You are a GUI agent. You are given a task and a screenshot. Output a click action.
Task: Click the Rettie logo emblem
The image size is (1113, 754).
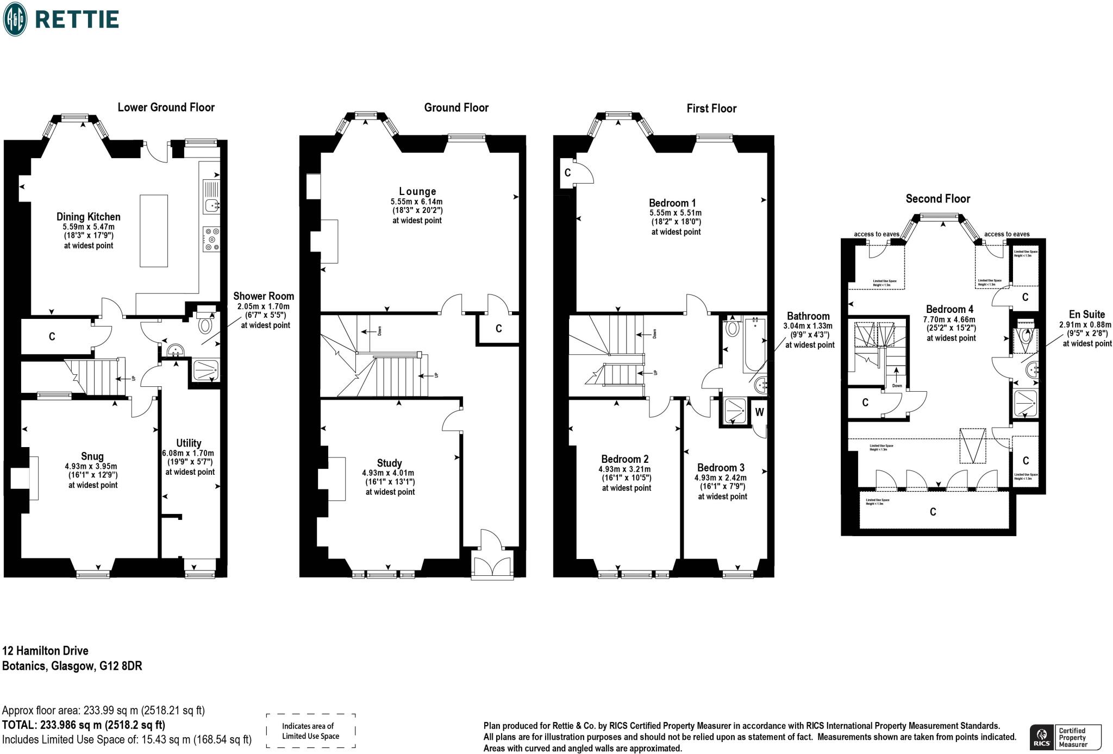pos(15,19)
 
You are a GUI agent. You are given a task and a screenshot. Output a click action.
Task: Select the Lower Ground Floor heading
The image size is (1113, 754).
pos(166,107)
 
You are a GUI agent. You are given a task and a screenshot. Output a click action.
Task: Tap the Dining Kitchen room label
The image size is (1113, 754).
pos(89,217)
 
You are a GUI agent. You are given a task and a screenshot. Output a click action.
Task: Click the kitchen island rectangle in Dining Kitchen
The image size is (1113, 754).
pos(154,231)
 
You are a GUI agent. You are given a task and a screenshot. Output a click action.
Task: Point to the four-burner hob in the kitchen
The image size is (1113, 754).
pos(211,240)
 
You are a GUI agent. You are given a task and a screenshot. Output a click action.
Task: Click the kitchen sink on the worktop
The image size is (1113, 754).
pos(211,205)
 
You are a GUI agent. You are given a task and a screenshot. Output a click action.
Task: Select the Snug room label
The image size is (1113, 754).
pos(92,456)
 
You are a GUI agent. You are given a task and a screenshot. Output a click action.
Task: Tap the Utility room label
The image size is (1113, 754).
pos(189,443)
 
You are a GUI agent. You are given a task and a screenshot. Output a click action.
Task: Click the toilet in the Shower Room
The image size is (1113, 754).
pos(205,325)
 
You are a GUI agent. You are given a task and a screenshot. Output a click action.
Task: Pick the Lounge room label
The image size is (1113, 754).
pos(417,191)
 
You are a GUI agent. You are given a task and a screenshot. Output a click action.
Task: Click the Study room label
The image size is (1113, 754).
pos(389,463)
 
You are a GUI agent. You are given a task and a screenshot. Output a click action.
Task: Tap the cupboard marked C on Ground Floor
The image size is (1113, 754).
pos(498,329)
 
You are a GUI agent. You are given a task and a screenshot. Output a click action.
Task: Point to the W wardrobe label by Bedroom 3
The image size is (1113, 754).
pos(759,412)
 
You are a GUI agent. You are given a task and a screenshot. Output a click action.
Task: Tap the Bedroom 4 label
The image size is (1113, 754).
pos(951,309)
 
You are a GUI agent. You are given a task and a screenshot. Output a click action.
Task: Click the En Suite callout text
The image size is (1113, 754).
pos(1086,314)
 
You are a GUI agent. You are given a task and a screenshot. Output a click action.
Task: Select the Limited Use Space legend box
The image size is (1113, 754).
pos(310,731)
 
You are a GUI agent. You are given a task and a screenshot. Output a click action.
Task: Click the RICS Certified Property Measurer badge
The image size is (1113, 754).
pos(1065,737)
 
